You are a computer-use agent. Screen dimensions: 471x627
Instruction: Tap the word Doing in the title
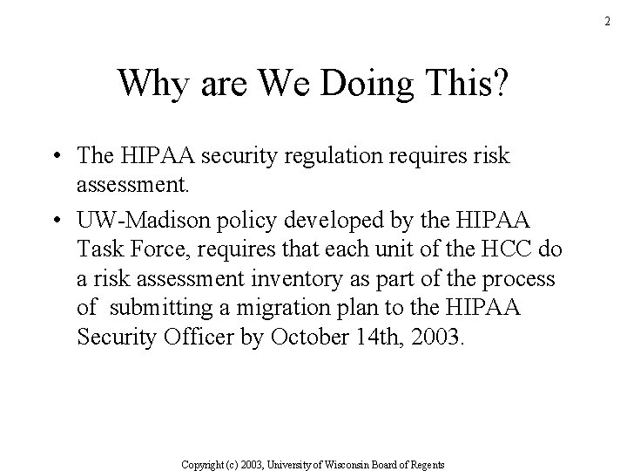tap(337, 84)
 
